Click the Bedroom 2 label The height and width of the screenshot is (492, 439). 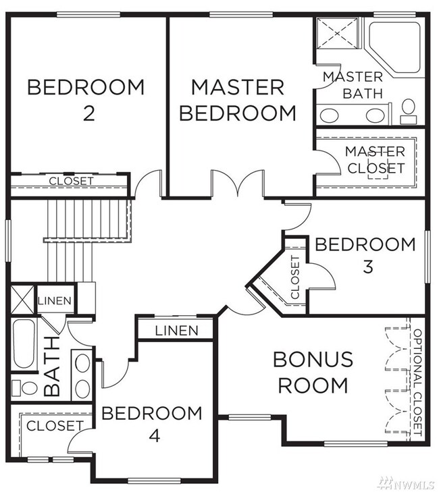click(x=86, y=100)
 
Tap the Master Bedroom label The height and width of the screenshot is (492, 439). click(x=238, y=100)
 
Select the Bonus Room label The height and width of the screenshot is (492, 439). click(x=313, y=372)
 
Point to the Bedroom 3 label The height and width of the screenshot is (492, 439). click(x=365, y=255)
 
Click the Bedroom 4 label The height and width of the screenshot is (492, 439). click(x=152, y=424)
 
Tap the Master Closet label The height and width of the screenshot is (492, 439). click(x=376, y=160)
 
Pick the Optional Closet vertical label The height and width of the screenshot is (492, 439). click(x=417, y=382)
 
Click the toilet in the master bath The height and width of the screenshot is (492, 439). click(x=408, y=112)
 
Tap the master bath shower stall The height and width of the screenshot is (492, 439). click(x=337, y=33)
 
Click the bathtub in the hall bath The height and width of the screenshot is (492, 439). click(x=24, y=344)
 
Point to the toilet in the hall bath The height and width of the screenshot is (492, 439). click(x=24, y=388)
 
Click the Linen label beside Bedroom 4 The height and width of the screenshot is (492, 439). click(x=177, y=331)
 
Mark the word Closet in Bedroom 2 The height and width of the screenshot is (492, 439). click(x=72, y=181)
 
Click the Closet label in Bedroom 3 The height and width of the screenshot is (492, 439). click(x=295, y=277)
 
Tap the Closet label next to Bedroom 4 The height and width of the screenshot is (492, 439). click(x=55, y=426)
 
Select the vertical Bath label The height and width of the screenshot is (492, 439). click(x=51, y=366)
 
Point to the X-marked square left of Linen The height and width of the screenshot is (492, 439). click(x=23, y=299)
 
